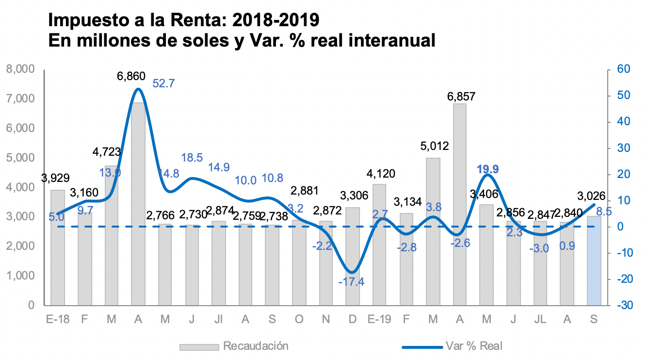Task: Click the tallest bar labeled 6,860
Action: click(x=138, y=204)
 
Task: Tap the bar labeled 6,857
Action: click(x=460, y=204)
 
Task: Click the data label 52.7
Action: click(x=163, y=83)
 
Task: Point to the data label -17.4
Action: click(x=353, y=282)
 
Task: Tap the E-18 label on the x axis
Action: click(x=58, y=319)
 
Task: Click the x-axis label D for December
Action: click(x=353, y=319)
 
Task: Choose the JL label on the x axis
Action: click(x=540, y=319)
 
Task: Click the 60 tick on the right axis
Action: click(x=623, y=69)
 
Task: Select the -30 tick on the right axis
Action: click(x=621, y=305)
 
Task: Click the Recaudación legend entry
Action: click(x=256, y=346)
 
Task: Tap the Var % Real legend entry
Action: click(x=473, y=346)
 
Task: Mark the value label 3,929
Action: click(x=55, y=178)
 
